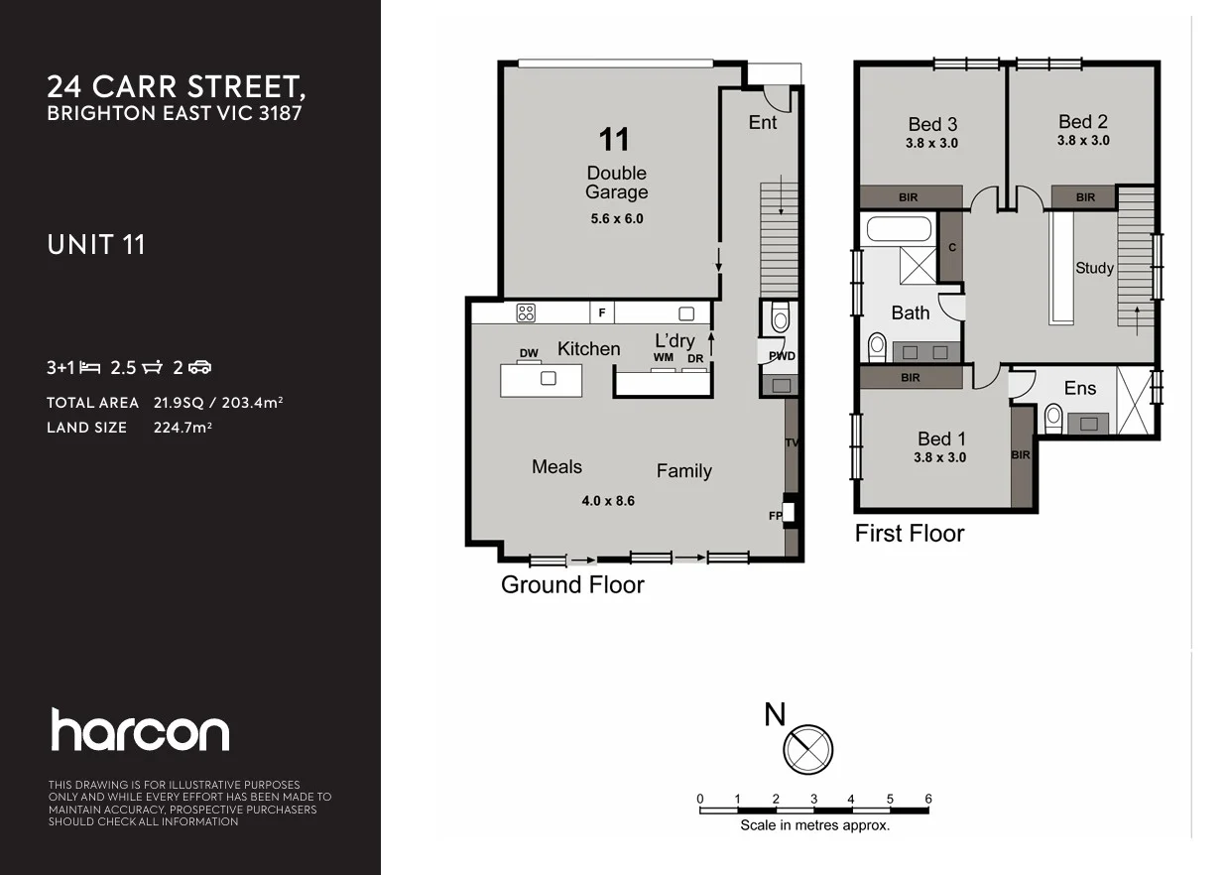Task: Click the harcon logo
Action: [140, 730]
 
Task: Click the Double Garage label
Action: [616, 183]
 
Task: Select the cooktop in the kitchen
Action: [526, 312]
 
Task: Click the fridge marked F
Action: [601, 312]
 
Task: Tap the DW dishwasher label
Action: [528, 353]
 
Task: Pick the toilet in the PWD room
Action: [779, 319]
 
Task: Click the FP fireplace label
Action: [775, 516]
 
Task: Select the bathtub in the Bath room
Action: [898, 230]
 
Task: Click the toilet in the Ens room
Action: [1052, 420]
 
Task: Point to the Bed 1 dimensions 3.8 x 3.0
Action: [940, 458]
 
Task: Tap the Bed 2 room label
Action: [1082, 122]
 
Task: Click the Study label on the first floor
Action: [1094, 268]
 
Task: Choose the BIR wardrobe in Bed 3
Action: [910, 197]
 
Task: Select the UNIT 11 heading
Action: [96, 244]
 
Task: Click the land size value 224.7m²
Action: [184, 428]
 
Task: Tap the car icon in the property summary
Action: [200, 368]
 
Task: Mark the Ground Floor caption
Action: [572, 584]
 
